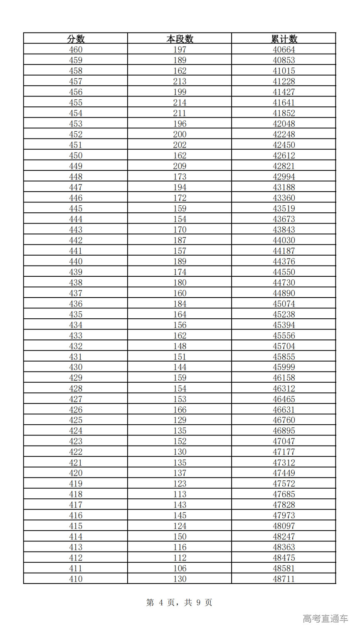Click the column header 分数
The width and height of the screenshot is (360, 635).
(76, 39)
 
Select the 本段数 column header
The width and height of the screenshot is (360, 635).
(180, 39)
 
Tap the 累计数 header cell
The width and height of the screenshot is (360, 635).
(284, 39)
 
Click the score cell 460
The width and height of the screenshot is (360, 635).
(76, 49)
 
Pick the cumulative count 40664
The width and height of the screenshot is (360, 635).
(284, 49)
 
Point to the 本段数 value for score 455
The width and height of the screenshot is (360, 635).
(180, 103)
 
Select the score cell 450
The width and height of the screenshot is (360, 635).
(76, 155)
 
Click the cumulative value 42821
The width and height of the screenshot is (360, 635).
(284, 166)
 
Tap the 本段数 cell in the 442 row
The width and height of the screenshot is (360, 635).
(180, 240)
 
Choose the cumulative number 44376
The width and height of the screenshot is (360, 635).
(284, 261)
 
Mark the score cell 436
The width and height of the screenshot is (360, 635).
(76, 304)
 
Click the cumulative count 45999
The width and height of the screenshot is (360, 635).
(284, 367)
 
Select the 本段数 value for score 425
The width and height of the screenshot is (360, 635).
(180, 420)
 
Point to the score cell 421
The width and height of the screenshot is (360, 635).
(76, 463)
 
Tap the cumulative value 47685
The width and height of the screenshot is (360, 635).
(284, 494)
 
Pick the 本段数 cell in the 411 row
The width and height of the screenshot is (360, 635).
(180, 569)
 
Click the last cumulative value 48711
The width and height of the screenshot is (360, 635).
(284, 579)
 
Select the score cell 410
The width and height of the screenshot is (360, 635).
(76, 579)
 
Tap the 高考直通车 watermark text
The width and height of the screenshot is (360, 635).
(325, 618)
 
